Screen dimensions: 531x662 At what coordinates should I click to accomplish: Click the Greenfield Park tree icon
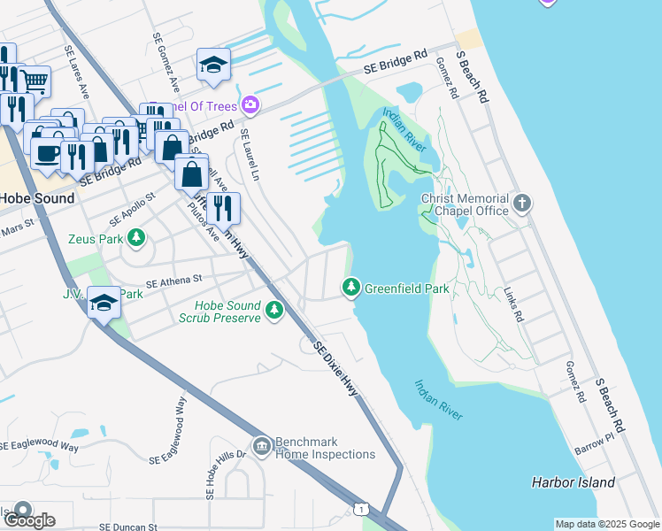tap(351, 288)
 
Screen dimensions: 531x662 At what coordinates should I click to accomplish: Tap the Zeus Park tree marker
tap(135, 237)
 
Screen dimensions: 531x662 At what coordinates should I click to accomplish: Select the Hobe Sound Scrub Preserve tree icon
tap(274, 310)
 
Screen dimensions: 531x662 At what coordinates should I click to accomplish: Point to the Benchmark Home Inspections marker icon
tap(261, 446)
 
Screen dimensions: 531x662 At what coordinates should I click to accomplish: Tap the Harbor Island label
tap(573, 482)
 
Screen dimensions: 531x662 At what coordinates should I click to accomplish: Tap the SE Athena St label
tap(174, 281)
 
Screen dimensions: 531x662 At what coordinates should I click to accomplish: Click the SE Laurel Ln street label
tap(247, 155)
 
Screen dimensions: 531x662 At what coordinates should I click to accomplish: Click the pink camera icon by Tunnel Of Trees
tap(250, 106)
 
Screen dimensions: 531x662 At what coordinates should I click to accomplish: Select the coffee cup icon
tap(46, 153)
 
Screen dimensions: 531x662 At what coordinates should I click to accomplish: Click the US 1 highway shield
tap(360, 509)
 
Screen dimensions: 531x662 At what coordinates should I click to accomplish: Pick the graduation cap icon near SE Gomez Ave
tap(213, 65)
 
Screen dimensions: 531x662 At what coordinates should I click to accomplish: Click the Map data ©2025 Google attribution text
tap(606, 524)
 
